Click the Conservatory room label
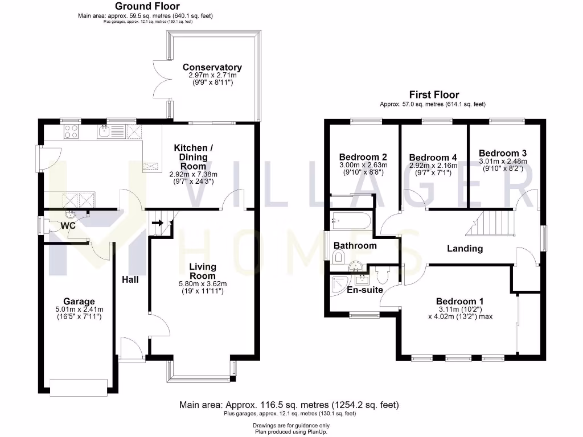tap(212, 67)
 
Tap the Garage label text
tap(79, 301)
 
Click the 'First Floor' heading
tap(434, 95)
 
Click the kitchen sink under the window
tap(104, 132)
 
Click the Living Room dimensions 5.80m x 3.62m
tap(208, 284)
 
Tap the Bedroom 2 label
tap(363, 157)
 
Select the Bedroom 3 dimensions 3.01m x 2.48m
tap(503, 161)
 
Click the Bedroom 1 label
tap(460, 301)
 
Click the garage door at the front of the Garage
tap(79, 387)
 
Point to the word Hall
tap(130, 279)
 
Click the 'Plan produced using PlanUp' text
tap(291, 431)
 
